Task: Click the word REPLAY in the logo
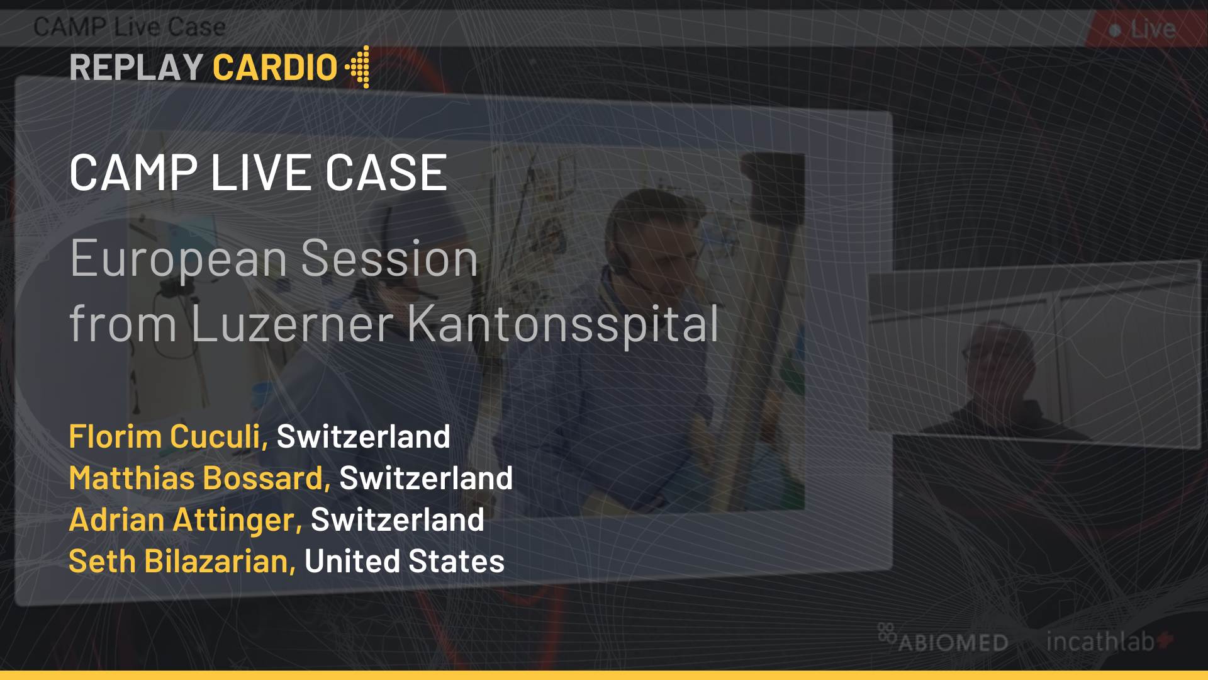[136, 67]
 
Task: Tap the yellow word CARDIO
[275, 67]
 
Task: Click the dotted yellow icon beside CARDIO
[357, 67]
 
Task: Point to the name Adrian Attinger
[186, 520]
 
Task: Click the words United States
[405, 561]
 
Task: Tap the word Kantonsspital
[563, 324]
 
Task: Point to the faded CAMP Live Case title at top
[130, 27]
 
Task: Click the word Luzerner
[293, 324]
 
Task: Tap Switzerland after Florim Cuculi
[364, 436]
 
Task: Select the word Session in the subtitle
[390, 258]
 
